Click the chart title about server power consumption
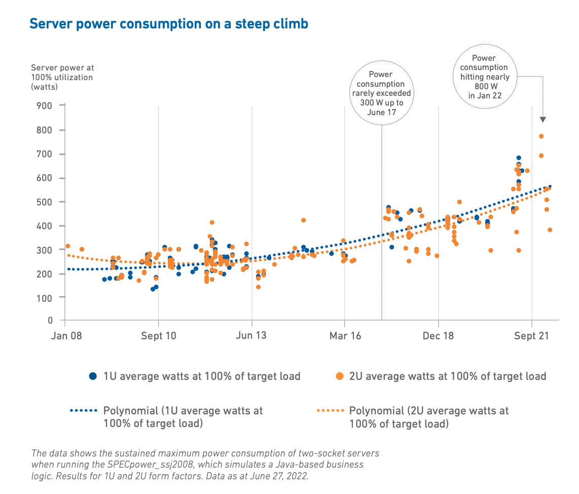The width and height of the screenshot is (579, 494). tap(169, 24)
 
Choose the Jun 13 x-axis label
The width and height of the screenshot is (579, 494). tap(251, 336)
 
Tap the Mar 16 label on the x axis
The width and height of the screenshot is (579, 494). tap(345, 336)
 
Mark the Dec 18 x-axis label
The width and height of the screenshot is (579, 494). tap(438, 336)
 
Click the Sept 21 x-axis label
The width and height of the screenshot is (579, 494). tap(531, 336)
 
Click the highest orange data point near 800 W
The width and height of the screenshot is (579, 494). tap(541, 136)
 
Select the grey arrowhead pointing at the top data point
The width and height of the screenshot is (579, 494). tap(542, 120)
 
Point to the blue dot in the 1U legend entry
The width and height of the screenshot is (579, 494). tap(93, 376)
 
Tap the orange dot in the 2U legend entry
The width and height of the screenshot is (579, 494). tap(340, 376)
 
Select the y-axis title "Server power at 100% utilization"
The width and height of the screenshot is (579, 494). tap(62, 77)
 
